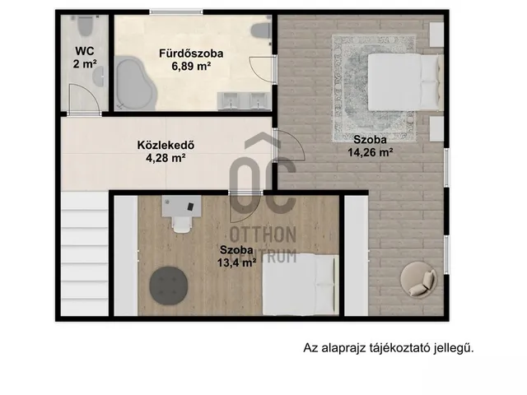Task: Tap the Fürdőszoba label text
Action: click(191, 53)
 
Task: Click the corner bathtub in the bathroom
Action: click(135, 85)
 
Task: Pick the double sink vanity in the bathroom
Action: click(244, 100)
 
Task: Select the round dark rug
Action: click(170, 286)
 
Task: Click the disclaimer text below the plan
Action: click(389, 348)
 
